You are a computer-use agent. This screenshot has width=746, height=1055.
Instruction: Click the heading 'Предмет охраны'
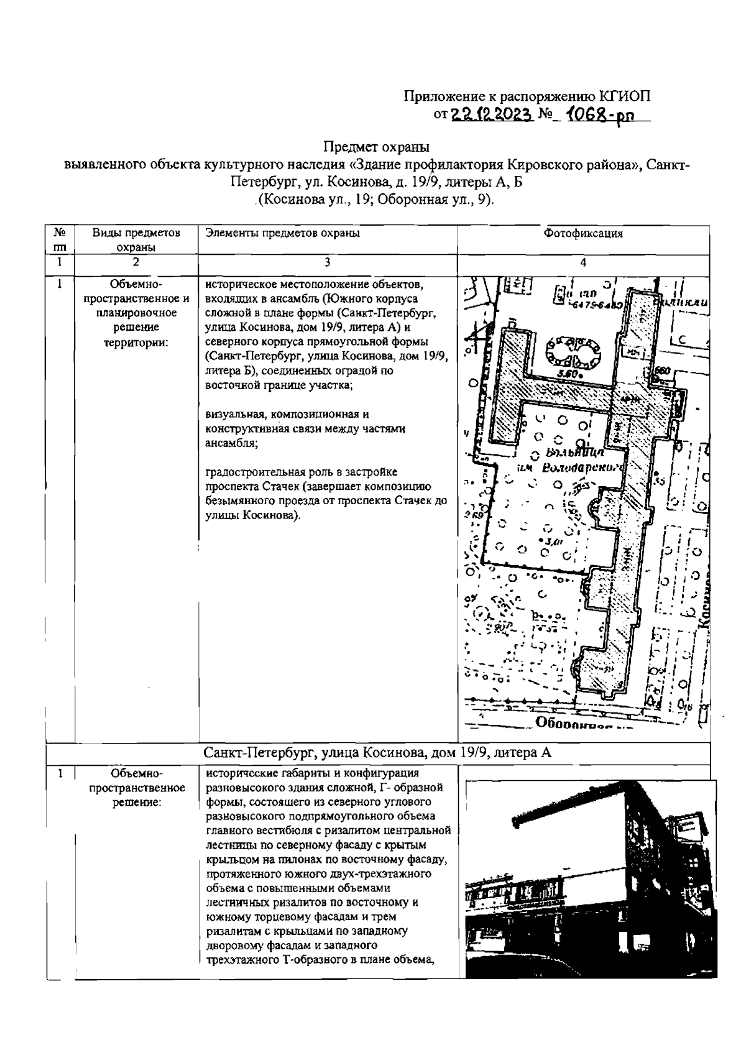[x=376, y=147]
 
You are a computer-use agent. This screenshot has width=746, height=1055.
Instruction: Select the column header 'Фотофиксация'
[x=583, y=234]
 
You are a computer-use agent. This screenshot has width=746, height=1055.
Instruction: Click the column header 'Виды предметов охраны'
[x=136, y=239]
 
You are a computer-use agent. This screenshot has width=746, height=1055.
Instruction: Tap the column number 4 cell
[x=583, y=263]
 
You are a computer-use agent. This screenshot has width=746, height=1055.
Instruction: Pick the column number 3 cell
[x=327, y=263]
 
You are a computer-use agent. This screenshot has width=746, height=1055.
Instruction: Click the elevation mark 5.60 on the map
[x=568, y=374]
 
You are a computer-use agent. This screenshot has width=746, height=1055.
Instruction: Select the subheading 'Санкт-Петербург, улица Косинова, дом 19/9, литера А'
[x=377, y=753]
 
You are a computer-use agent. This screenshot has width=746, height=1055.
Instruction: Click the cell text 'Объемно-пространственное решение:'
[x=136, y=788]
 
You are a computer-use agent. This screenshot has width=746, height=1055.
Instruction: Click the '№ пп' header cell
[x=60, y=239]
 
